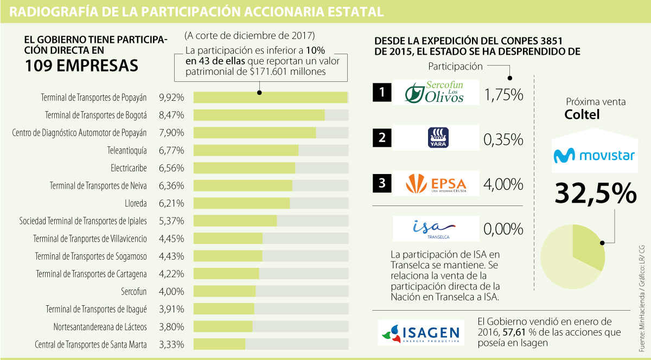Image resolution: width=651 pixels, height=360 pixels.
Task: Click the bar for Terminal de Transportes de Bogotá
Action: coord(259,115)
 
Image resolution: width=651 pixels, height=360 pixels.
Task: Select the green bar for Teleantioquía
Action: coord(246,150)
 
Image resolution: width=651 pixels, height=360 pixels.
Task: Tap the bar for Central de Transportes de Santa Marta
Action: coord(219,344)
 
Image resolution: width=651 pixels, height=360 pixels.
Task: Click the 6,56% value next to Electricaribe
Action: coord(171,168)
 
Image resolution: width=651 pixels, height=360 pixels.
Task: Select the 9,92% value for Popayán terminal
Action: coord(171,98)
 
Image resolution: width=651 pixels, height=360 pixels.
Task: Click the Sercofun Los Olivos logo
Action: coord(436,93)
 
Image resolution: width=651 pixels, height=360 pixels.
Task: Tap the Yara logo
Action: coord(436,138)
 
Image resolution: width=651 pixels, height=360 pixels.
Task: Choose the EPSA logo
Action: coord(436,183)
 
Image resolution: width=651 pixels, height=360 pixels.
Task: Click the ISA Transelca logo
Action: coord(436,228)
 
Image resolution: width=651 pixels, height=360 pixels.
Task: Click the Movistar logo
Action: coord(593,156)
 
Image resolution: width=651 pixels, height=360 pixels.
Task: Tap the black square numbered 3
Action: coord(382,183)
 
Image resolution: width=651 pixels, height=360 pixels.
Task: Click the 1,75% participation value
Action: coord(503,95)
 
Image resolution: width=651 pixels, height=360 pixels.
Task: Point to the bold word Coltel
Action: coord(582,114)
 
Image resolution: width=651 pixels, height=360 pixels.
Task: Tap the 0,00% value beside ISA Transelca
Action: coord(503,229)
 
